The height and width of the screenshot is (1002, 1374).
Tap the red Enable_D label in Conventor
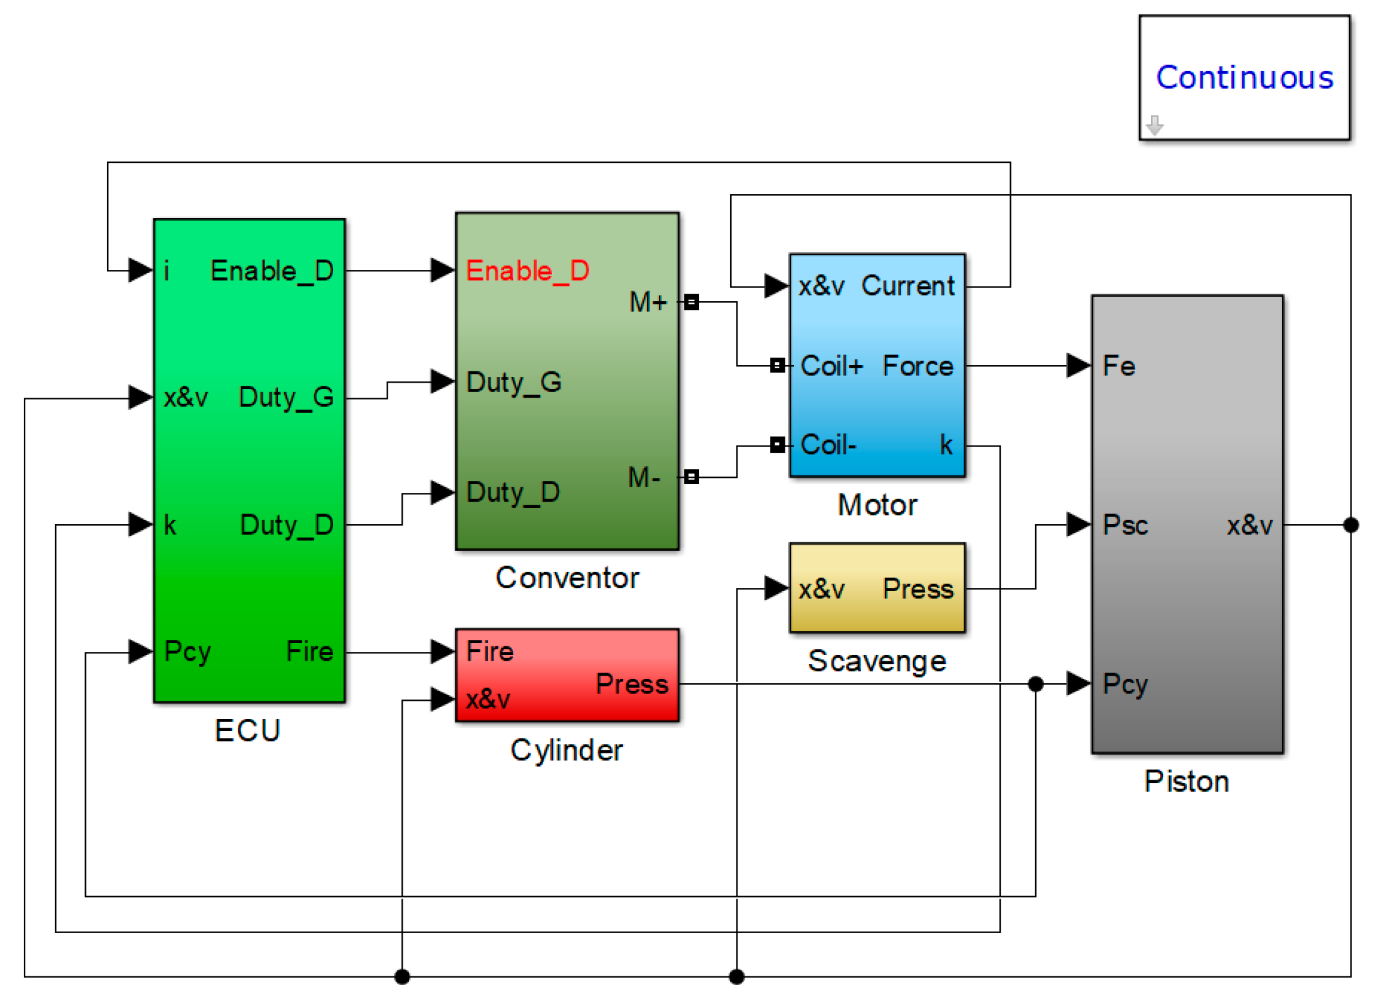coord(527,271)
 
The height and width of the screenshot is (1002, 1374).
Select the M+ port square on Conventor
coord(691,302)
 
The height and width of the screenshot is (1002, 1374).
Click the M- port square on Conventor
coord(691,477)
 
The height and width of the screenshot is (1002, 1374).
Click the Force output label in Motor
coord(917,366)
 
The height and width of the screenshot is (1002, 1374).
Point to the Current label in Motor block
coord(907,286)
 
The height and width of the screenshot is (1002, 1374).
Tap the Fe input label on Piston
coord(1118,366)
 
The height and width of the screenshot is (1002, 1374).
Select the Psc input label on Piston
coord(1125,525)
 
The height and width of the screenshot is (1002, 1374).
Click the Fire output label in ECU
coord(309,651)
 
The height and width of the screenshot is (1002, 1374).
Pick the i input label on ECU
coord(167,271)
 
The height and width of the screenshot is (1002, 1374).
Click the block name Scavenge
coord(876,661)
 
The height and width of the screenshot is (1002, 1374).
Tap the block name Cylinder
coord(566,750)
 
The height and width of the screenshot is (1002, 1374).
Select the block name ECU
coord(247,730)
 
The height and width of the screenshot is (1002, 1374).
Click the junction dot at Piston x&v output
coord(1350,525)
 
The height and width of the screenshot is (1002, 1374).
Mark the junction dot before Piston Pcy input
coord(1035,684)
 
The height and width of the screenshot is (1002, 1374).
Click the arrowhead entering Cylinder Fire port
coord(442,651)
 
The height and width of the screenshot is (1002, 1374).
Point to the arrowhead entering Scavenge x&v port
coord(776,588)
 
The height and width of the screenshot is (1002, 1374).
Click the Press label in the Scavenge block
coord(917,589)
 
